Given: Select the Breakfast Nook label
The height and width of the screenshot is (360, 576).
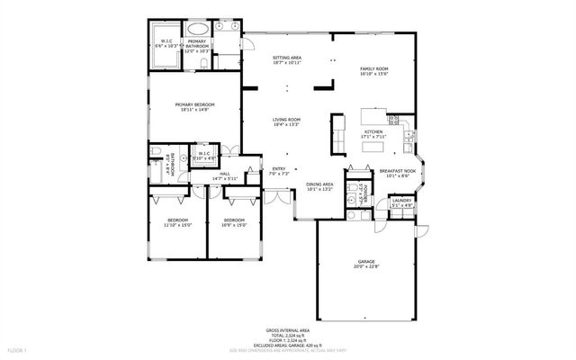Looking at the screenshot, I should point(397,169).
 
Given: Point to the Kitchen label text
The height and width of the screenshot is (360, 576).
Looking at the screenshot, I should point(373,130).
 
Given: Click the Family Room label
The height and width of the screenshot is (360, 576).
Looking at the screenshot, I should point(373,68).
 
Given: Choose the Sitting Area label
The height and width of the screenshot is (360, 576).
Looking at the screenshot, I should point(287,58).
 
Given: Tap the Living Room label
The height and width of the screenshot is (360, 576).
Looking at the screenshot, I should point(287,119).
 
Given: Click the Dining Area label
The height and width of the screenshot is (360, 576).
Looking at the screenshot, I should point(319,184).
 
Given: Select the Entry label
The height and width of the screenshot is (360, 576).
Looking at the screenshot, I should point(279,168).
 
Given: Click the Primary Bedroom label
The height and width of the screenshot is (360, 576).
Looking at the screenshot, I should point(193,104).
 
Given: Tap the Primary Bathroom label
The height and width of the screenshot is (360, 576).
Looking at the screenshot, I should point(196,42).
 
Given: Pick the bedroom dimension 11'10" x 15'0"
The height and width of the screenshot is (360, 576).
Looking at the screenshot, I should point(177,226).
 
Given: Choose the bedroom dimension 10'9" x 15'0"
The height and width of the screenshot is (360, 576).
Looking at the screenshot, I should point(234,226).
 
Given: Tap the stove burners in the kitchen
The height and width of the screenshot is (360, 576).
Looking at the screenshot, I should point(393,119).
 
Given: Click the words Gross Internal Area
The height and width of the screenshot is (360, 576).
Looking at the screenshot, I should point(287,330).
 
